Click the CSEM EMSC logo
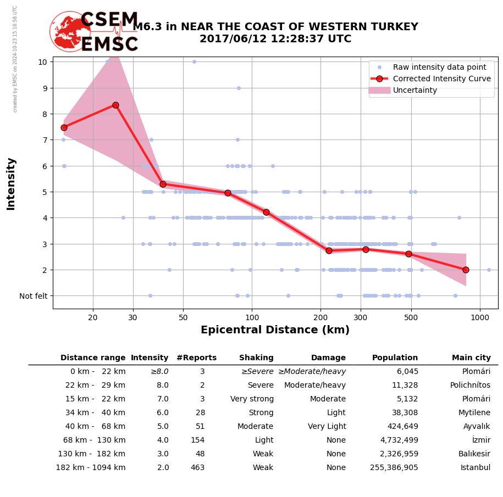94,32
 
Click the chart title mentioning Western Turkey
275,33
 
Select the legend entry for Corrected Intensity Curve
441,79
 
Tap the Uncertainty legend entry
415,90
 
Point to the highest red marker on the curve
115,105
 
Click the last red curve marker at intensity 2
466,270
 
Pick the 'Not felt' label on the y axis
34,296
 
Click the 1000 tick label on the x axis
479,317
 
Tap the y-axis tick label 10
42,62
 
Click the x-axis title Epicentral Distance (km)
275,330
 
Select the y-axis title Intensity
11,183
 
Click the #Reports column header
196,358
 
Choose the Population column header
395,358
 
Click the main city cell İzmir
481,440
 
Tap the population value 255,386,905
394,468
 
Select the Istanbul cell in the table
476,468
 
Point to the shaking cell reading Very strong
252,399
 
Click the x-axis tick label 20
93,317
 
